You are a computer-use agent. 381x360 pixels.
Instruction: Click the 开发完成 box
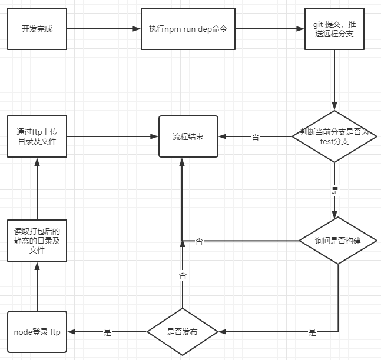click(x=37, y=29)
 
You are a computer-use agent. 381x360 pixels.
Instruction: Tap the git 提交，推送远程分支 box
click(x=334, y=29)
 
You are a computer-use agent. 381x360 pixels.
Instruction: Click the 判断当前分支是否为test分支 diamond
click(x=334, y=136)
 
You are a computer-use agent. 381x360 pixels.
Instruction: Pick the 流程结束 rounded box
click(x=188, y=136)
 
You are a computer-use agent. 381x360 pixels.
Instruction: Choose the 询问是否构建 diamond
click(x=337, y=241)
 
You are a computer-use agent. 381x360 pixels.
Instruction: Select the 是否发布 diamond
click(x=183, y=332)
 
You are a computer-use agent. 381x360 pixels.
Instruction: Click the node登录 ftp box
click(x=37, y=332)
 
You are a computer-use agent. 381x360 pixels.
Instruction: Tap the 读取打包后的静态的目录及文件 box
click(x=37, y=241)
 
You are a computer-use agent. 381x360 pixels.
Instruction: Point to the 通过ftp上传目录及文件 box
click(x=37, y=136)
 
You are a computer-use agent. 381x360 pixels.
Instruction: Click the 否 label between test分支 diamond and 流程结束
click(x=255, y=137)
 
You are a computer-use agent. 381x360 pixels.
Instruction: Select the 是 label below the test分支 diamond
click(x=335, y=191)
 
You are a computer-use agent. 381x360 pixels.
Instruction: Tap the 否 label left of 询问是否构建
click(x=199, y=241)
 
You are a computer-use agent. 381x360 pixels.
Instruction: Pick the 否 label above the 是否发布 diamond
click(x=183, y=275)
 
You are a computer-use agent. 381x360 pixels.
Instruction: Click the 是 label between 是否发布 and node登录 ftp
click(x=107, y=332)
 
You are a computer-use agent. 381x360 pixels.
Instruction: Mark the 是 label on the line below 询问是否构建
click(x=312, y=332)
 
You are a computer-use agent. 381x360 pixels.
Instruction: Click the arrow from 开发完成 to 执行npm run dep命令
click(x=103, y=29)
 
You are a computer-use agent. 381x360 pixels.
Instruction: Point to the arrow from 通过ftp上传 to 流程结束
click(x=112, y=136)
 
